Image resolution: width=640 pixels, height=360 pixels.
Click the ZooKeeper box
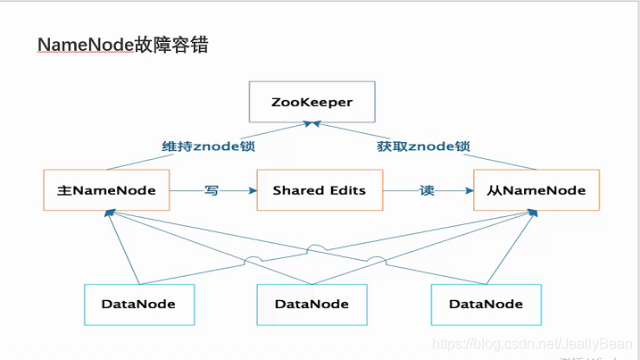pos(312,102)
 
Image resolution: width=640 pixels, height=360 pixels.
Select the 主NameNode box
pos(106,190)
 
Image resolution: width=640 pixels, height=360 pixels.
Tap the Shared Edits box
pos(318,190)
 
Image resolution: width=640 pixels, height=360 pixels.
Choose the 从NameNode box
pos(536,190)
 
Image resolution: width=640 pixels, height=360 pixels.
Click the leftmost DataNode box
pos(138,304)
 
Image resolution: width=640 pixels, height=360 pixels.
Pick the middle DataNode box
pos(312,304)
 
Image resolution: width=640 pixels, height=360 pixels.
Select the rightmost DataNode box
pos(486,304)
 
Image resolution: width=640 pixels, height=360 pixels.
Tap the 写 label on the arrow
pos(211,190)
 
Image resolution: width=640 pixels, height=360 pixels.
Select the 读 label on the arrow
pos(427,190)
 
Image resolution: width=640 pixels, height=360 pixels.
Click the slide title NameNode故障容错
pos(123,44)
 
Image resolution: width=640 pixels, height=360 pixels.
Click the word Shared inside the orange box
pos(293,190)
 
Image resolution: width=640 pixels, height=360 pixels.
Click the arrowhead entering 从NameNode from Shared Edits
pos(468,190)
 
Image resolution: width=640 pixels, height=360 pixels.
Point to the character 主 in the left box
pos(62,190)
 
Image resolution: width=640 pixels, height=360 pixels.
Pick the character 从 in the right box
pos(494,190)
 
